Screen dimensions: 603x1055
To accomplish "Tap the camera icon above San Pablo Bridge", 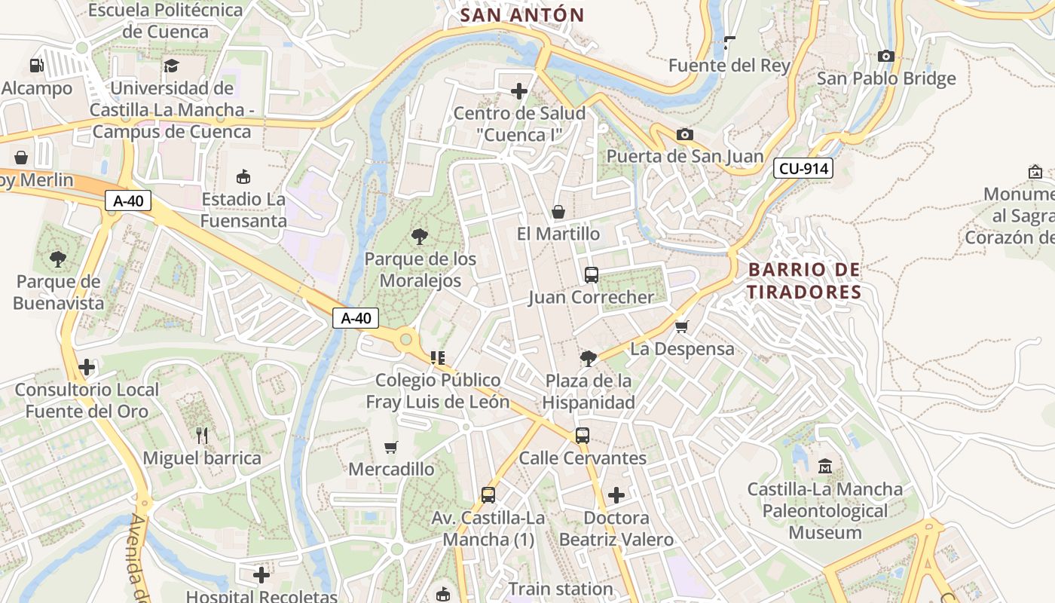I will coord(886,56).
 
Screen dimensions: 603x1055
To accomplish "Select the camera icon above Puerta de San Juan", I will coord(684,134).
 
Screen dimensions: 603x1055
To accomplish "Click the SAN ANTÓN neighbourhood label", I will coord(522,15).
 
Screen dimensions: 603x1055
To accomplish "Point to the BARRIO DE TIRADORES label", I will coord(804,281).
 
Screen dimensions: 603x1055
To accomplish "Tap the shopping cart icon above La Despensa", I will coord(682,326).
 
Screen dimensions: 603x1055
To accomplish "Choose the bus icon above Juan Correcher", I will coord(592,274).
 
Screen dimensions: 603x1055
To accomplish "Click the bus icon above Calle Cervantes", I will coord(583,435).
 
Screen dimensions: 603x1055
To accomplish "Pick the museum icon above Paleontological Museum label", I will coord(825,466).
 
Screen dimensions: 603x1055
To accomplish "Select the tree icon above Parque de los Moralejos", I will coord(420,237).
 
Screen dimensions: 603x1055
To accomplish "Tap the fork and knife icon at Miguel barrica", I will coord(201,435).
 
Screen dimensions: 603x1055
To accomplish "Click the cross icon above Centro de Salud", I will coord(519,91).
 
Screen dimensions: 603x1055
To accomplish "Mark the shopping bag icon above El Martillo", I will coord(558,212).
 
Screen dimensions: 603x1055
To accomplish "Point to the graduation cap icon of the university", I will coord(172,66).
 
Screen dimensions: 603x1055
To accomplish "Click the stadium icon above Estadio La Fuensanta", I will coord(243,177).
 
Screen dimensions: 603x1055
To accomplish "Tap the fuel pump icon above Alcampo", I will coord(36,66).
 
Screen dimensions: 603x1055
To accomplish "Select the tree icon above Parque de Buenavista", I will coord(58,260).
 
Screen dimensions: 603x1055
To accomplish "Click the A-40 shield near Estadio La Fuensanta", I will coord(128,200).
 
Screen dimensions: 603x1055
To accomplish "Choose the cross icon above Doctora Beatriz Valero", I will coord(616,495).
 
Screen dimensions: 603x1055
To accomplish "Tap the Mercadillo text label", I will coord(391,469).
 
